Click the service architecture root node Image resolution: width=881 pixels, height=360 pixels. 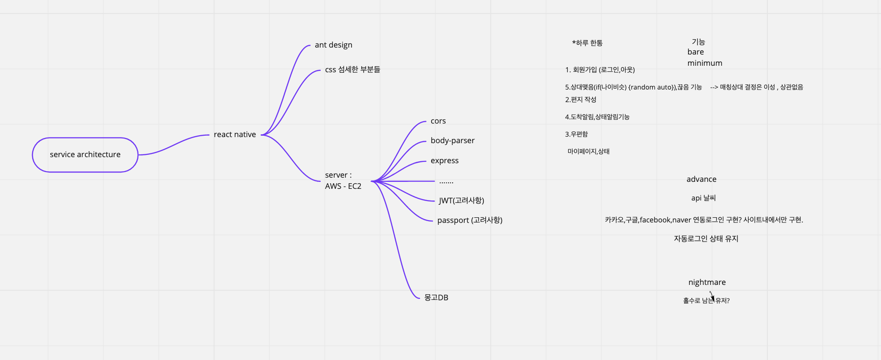[x=85, y=155]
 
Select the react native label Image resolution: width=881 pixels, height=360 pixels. [x=235, y=135]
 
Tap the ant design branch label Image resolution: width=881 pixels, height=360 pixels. [x=333, y=45]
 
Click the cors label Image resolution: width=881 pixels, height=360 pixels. [x=438, y=121]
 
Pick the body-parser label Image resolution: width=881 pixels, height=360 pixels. [x=452, y=141]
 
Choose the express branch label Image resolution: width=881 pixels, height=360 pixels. [x=444, y=161]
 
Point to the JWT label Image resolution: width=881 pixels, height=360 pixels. [x=461, y=201]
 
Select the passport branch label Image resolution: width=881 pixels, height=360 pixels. [x=469, y=220]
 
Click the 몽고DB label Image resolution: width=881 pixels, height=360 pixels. [x=436, y=298]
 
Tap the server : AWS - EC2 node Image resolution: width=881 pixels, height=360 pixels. [x=343, y=180]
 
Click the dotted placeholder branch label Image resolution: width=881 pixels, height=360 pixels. [x=446, y=181]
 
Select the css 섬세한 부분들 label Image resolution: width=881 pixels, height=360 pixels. [x=352, y=69]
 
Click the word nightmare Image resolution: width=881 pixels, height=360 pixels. [x=707, y=283]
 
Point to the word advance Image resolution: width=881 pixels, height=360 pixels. [x=701, y=180]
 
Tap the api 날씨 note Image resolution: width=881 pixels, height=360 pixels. [x=703, y=198]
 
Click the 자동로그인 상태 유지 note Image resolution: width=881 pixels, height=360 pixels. [x=706, y=239]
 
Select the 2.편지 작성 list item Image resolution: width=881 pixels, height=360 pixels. [x=580, y=100]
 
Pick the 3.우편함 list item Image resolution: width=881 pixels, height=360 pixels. [x=576, y=134]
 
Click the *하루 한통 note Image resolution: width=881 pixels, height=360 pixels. [x=587, y=43]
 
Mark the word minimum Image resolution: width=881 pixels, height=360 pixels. [x=704, y=63]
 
